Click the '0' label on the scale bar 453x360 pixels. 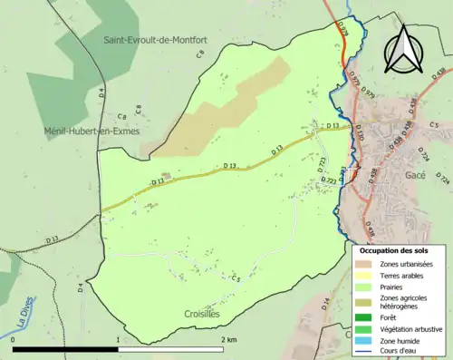[14, 340]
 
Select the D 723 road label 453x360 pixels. [322, 163]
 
